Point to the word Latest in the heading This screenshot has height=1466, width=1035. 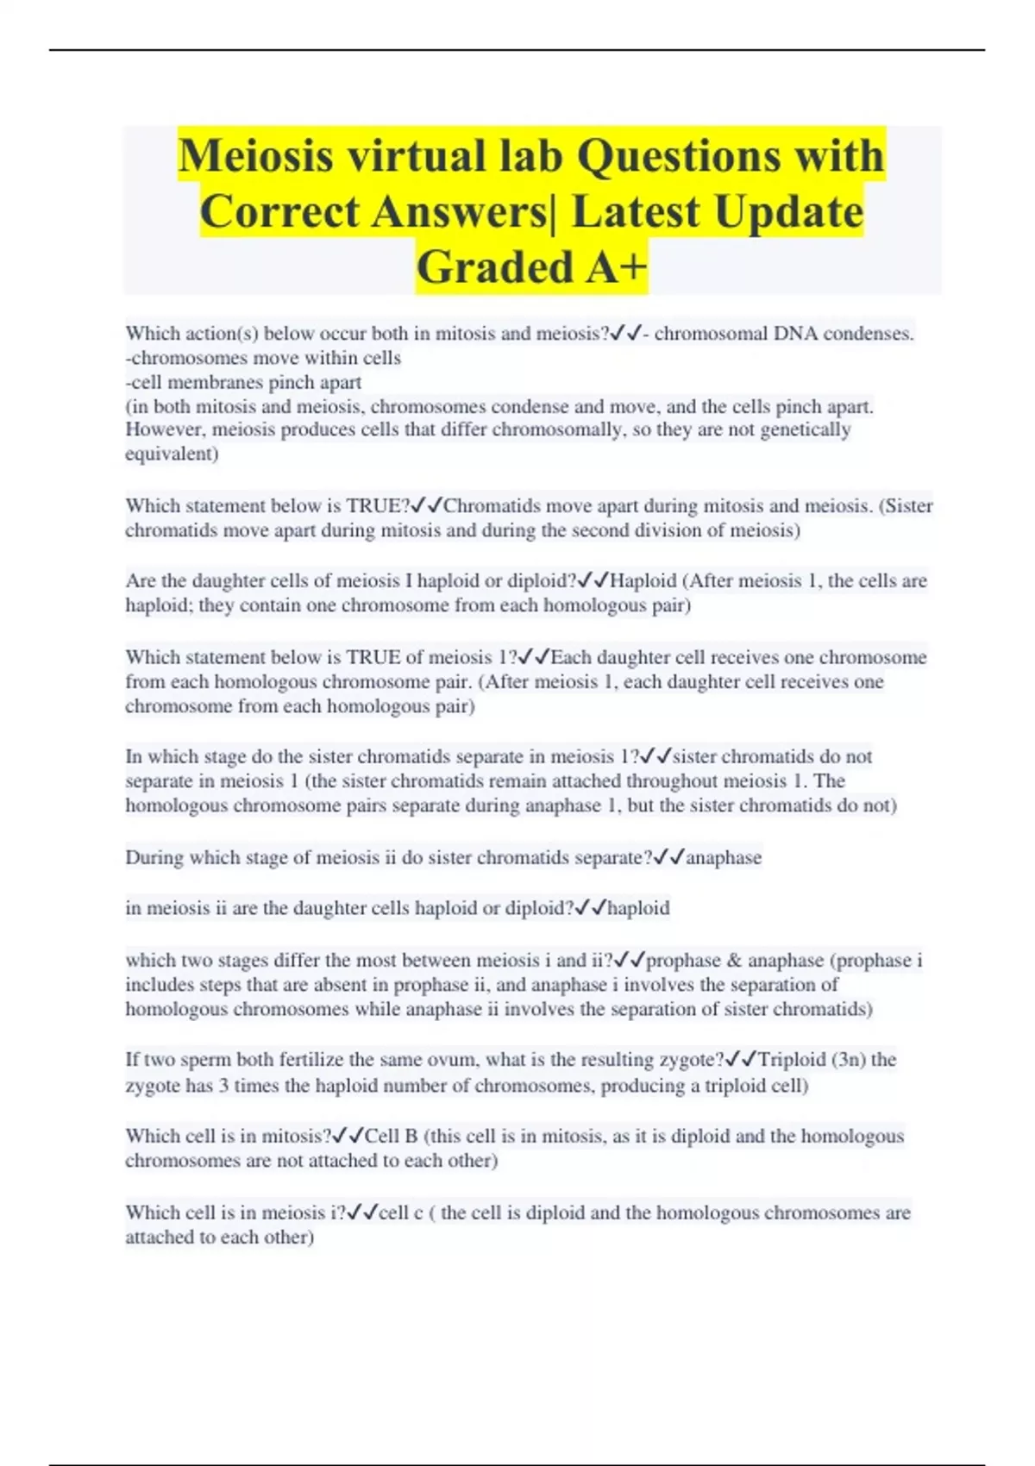point(634,211)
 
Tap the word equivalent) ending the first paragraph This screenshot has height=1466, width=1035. point(172,454)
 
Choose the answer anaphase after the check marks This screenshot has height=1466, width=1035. point(724,858)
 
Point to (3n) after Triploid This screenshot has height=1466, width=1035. point(849,1060)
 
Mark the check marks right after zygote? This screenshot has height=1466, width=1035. point(741,1059)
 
